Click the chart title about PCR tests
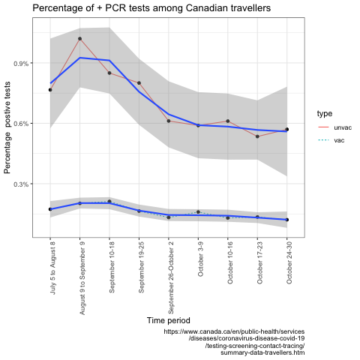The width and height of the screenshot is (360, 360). point(151,8)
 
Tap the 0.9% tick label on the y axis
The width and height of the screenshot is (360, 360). point(21,63)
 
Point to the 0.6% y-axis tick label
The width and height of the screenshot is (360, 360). point(21,124)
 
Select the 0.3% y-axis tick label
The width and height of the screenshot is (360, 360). point(21,184)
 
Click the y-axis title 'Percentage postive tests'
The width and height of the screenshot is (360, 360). point(7,127)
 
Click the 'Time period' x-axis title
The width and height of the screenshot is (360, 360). point(169,320)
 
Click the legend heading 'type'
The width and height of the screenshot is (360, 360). point(325,114)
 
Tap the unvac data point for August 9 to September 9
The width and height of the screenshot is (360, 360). point(79,39)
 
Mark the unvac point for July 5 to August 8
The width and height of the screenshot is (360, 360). point(50,90)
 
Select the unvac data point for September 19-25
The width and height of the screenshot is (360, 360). point(139,83)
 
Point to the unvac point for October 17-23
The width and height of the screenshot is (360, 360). point(257,136)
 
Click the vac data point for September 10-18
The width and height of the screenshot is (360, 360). point(109,201)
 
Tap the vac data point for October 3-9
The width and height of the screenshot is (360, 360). point(198,212)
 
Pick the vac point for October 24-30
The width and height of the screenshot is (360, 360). point(287,220)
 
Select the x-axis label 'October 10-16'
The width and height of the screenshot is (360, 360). point(230,263)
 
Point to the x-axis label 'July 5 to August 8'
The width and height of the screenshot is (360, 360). point(52,268)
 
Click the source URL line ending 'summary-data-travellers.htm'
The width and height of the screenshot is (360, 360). point(262,352)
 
